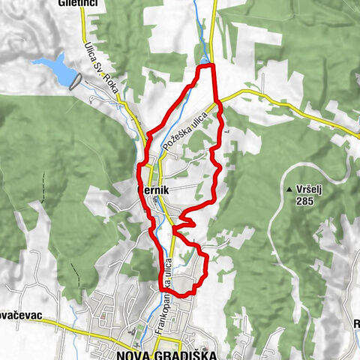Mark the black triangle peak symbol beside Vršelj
289,190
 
